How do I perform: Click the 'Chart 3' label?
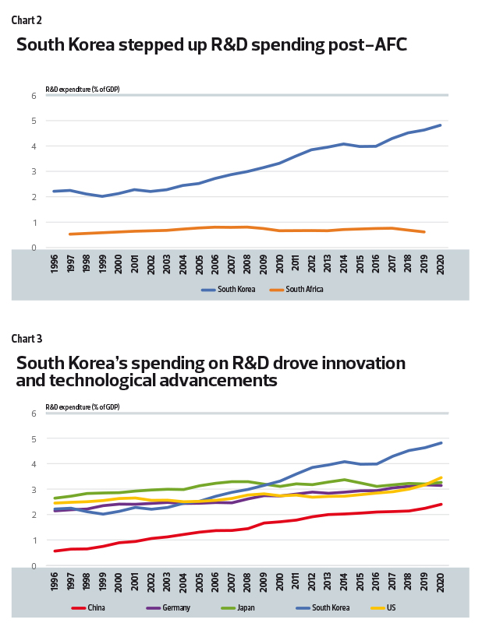27,338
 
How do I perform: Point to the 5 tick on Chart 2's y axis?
34,121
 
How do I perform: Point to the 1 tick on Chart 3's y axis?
34,540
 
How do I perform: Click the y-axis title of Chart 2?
82,90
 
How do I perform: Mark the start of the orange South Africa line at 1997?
70,234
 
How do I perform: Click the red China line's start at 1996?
55,551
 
